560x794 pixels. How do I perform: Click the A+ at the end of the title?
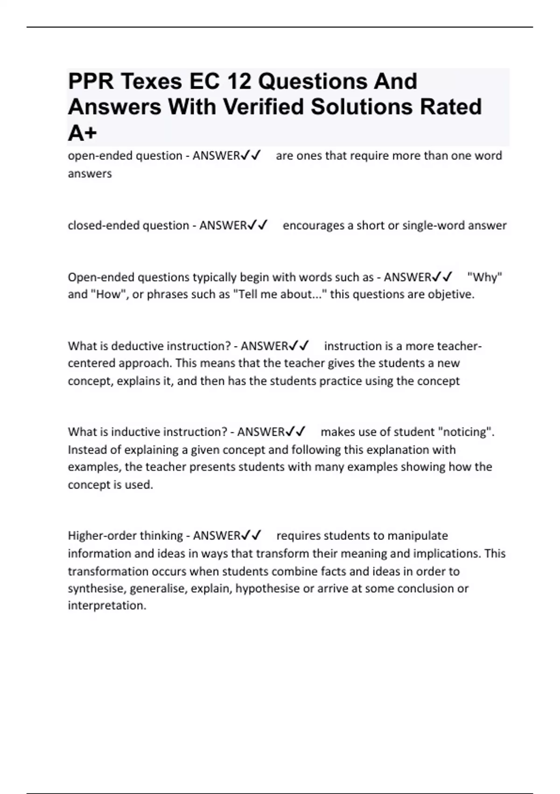[x=82, y=133]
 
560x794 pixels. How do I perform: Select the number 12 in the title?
[x=239, y=82]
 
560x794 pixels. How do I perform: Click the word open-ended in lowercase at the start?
[x=95, y=156]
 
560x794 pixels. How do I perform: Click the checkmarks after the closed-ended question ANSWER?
[x=257, y=226]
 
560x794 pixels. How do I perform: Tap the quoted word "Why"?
[x=484, y=277]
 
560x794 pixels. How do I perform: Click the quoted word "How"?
[x=109, y=295]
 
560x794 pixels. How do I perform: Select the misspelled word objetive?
[x=452, y=295]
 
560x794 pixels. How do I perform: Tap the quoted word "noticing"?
[x=465, y=432]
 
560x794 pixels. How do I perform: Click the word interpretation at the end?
[x=107, y=606]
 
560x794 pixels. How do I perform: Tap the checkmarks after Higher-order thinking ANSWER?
[x=251, y=536]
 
